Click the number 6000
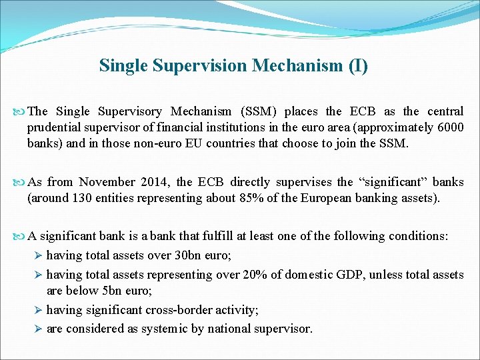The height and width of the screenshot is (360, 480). [x=450, y=127]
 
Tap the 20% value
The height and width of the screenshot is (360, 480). [x=263, y=274]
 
